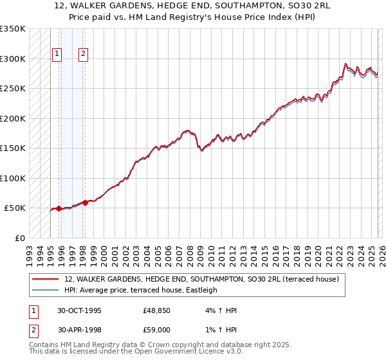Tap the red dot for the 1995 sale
[x=59, y=208]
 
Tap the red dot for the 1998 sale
[x=85, y=203]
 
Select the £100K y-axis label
[x=12, y=178]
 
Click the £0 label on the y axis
[x=19, y=238]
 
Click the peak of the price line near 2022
[x=345, y=64]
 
